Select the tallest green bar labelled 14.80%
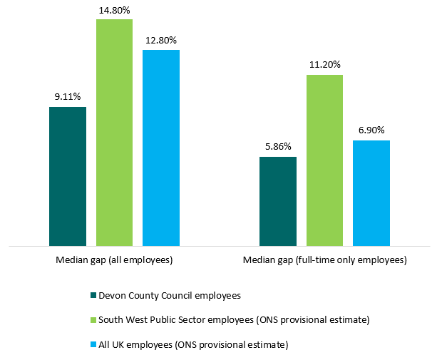pos(114,133)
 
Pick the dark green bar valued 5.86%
pos(278,202)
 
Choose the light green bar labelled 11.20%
pos(324,160)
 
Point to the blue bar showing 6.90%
pos(371,193)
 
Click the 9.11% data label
pos(68,96)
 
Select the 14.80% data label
pos(114,9)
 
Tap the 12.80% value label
pos(161,39)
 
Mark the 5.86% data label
pos(278,146)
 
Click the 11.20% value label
pos(324,64)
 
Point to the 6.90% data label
pos(371,130)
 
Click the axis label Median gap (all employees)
pos(114,260)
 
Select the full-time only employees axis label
pos(324,260)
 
